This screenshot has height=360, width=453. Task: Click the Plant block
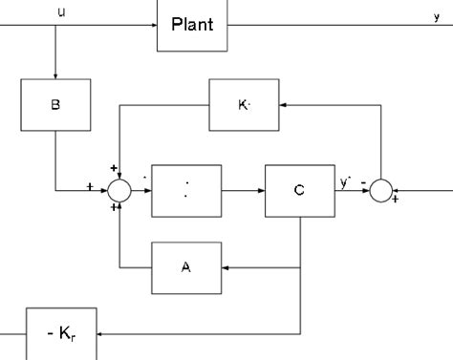click(x=192, y=26)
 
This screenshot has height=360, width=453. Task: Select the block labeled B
click(x=55, y=105)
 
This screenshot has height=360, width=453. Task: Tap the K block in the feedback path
click(x=245, y=104)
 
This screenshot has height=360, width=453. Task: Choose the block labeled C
click(x=299, y=190)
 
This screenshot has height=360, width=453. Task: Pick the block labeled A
click(x=186, y=268)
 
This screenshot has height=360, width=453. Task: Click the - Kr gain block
click(x=61, y=333)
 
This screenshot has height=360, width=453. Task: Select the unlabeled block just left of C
click(x=186, y=190)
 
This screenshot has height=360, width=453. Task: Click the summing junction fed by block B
click(x=119, y=190)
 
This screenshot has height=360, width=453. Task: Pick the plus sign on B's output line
click(x=90, y=183)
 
